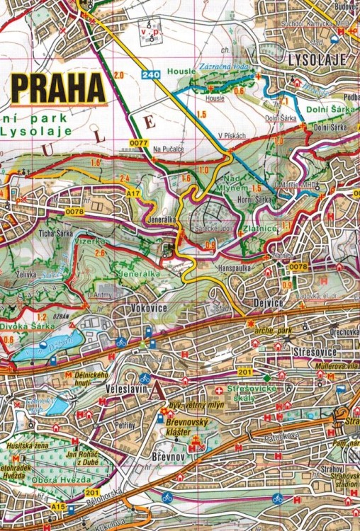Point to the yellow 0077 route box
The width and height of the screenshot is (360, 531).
(138, 143)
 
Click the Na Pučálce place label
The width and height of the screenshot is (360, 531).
(168, 150)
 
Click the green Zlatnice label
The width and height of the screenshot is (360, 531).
(253, 229)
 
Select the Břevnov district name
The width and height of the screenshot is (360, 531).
(167, 457)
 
